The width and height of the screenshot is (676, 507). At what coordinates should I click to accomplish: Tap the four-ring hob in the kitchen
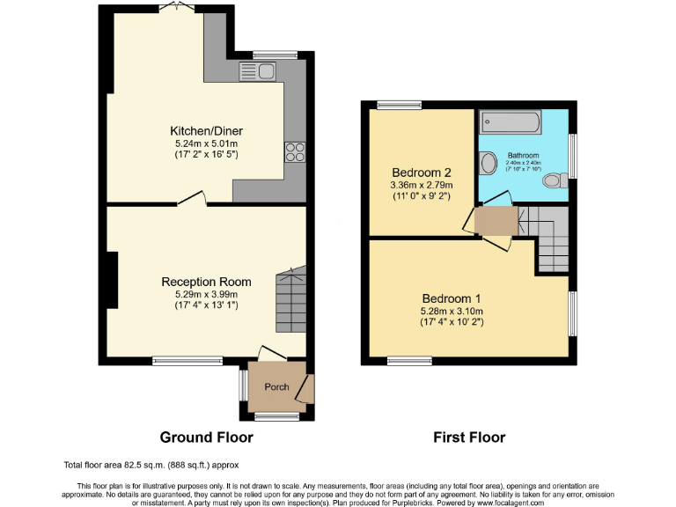tap(293, 151)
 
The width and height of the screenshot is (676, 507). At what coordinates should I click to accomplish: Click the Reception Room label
tap(206, 282)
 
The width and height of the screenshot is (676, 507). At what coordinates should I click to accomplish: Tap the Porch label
tap(276, 386)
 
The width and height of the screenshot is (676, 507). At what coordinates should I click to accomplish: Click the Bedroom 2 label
tap(422, 173)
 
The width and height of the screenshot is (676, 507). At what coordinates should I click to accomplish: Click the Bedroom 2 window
tap(399, 106)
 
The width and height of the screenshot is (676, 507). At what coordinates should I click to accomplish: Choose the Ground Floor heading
tap(206, 437)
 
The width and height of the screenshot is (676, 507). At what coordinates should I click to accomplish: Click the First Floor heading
tap(469, 437)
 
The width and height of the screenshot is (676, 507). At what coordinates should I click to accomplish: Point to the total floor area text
tap(151, 465)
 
